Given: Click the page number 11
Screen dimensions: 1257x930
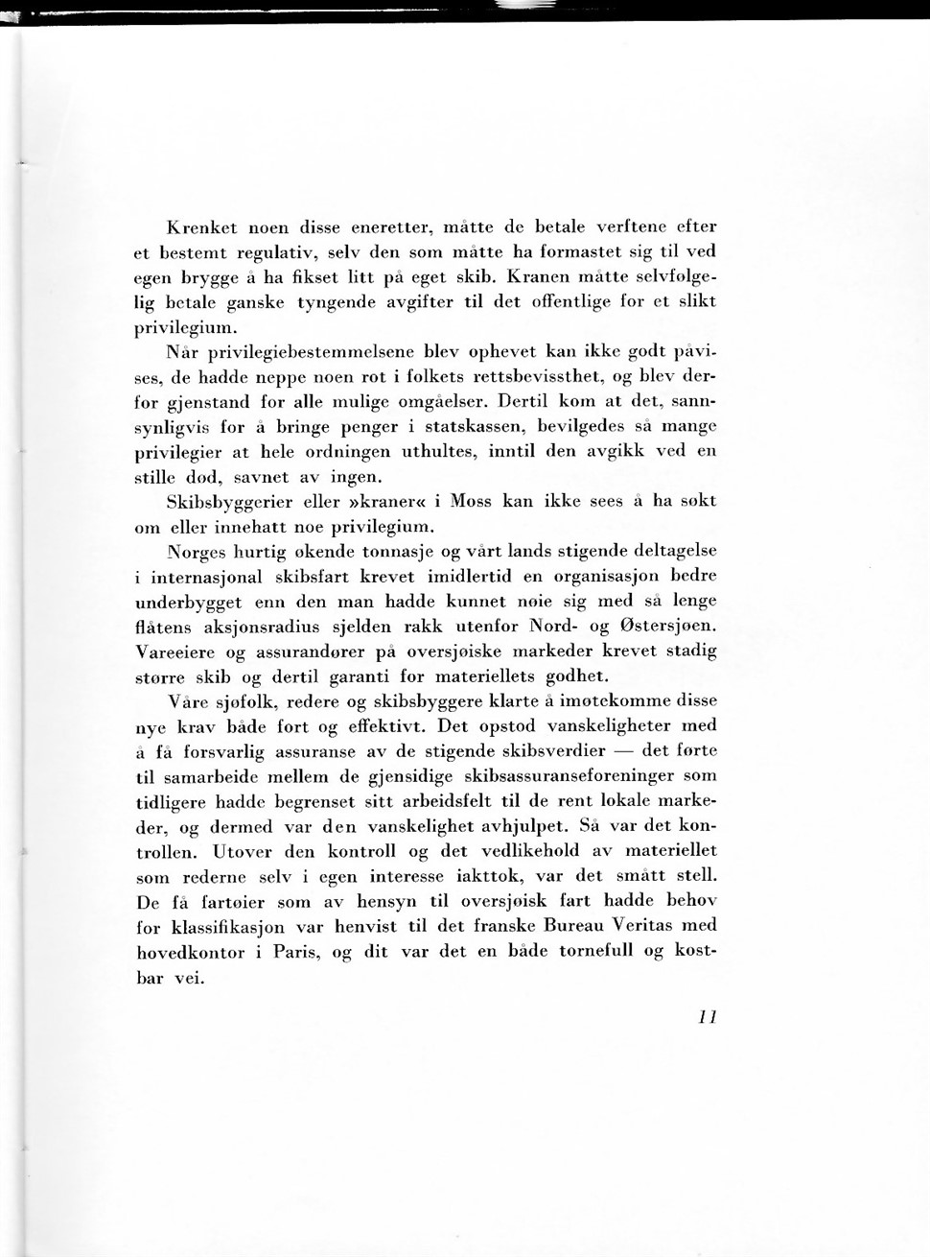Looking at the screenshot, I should (708, 1017).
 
